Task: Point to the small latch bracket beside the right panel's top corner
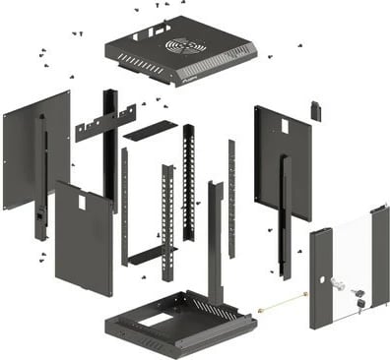(x=316, y=110)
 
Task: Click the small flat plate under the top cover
(x=150, y=130)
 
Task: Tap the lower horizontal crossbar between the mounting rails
(x=152, y=255)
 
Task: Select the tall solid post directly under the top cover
(x=110, y=148)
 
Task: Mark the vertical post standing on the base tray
(x=215, y=241)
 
